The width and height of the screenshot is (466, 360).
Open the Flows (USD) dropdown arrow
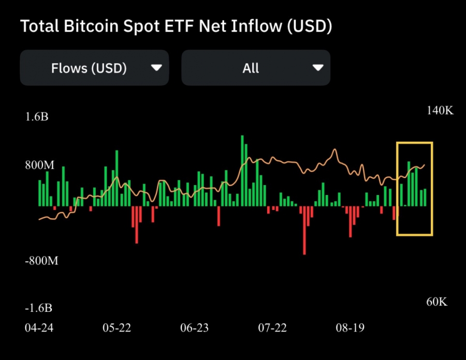(155, 68)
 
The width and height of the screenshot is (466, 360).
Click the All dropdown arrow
(318, 68)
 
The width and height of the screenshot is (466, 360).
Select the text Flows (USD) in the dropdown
(89, 68)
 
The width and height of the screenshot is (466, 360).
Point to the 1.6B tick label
(37, 117)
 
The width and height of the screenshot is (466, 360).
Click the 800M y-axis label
(39, 166)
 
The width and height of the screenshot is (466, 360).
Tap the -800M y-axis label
(41, 261)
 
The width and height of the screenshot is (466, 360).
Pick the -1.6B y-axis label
(38, 308)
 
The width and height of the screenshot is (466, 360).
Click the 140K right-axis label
(440, 111)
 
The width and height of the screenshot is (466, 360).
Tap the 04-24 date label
(39, 328)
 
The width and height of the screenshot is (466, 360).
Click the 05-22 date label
(117, 328)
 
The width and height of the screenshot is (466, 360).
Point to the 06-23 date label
(194, 328)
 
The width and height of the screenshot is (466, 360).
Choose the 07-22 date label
(272, 328)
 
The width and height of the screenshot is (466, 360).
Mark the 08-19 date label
(350, 328)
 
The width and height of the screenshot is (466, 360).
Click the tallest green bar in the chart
(242, 171)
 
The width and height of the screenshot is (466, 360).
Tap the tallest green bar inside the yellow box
(409, 184)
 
